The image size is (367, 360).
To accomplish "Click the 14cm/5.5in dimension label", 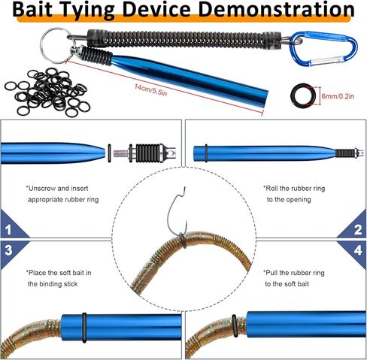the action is click(x=150, y=90).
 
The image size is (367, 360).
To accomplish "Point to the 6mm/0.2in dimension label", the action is click(x=338, y=96).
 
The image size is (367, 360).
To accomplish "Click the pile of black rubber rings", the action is click(x=47, y=92).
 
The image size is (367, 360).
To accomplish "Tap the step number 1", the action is click(x=8, y=230).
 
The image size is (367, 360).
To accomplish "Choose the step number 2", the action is click(x=358, y=230).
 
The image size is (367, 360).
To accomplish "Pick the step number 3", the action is click(x=8, y=250).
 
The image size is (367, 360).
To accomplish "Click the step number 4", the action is click(x=358, y=250).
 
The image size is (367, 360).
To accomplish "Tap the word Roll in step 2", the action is click(x=271, y=189).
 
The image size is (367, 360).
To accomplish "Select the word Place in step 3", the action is click(x=37, y=273).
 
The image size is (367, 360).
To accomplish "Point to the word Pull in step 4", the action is click(x=270, y=273).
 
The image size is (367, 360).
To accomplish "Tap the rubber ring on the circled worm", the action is click(x=183, y=241).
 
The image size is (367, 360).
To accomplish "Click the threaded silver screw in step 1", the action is click(x=120, y=153).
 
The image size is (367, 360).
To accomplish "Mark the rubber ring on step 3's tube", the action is click(x=84, y=328).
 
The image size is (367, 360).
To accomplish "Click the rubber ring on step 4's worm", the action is click(x=235, y=325).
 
